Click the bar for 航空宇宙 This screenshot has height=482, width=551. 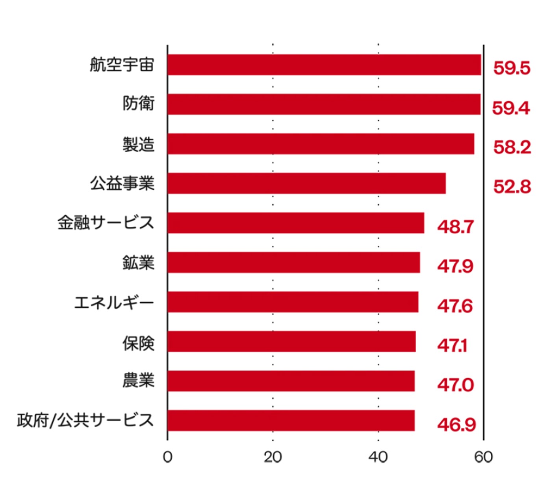pyautogui.click(x=324, y=65)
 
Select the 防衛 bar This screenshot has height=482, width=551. pyautogui.click(x=324, y=104)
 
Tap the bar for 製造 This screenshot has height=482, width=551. pyautogui.click(x=321, y=144)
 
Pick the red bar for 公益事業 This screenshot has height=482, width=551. pyautogui.click(x=306, y=183)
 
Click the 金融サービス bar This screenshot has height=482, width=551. pyautogui.click(x=295, y=223)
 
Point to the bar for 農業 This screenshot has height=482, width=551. pyautogui.click(x=291, y=381)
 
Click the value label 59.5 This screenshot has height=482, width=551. pyautogui.click(x=512, y=68)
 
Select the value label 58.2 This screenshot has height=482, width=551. pyautogui.click(x=512, y=147)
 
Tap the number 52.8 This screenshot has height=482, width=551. pyautogui.click(x=512, y=187)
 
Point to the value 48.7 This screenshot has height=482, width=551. pyautogui.click(x=455, y=227)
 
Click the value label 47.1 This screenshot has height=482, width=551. pyautogui.click(x=452, y=346)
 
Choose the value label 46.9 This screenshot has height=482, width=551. pyautogui.click(x=456, y=424)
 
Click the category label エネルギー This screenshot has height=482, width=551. pyautogui.click(x=114, y=303)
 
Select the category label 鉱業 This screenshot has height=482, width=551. pyautogui.click(x=138, y=263)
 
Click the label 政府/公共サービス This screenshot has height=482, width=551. pyautogui.click(x=85, y=420)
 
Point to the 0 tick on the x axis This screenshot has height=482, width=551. pyautogui.click(x=167, y=457)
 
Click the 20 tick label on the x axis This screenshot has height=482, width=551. pyautogui.click(x=273, y=457)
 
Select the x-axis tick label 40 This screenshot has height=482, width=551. pyautogui.click(x=378, y=457)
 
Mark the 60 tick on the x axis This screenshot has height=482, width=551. pyautogui.click(x=483, y=457)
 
